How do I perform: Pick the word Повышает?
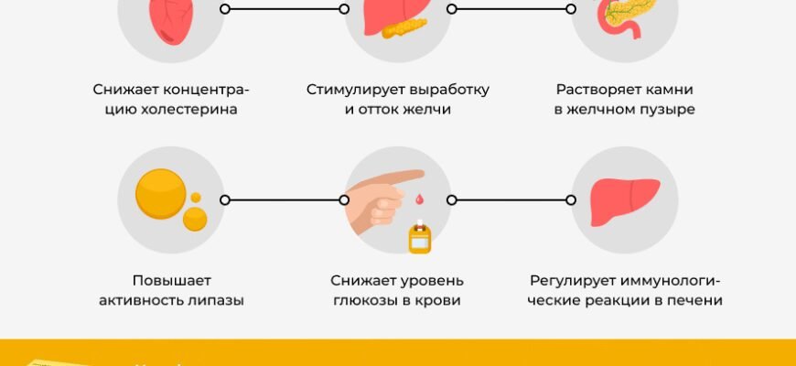click(170, 280)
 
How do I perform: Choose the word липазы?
click(219, 300)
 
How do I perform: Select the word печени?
click(696, 300)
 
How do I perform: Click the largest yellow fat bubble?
click(160, 195)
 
